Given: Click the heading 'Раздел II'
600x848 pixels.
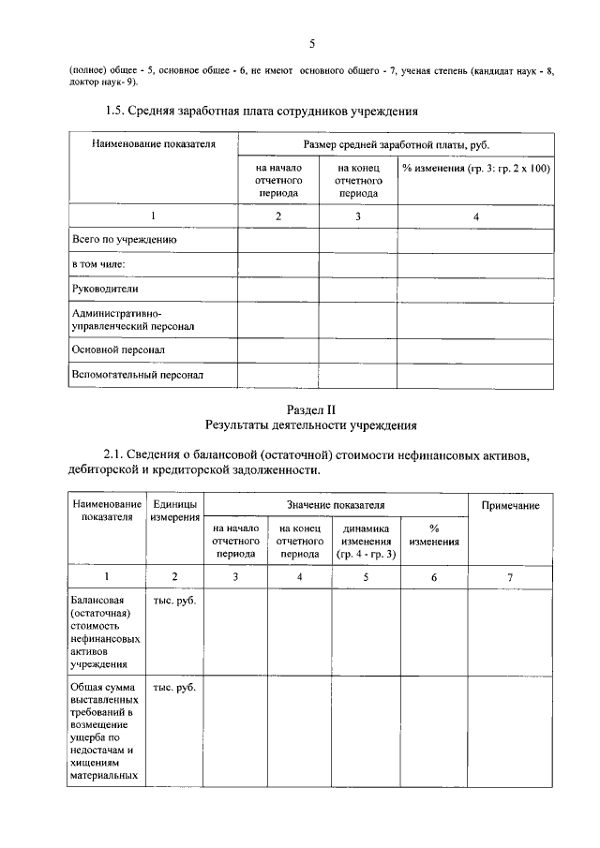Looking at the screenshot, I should tap(311, 409).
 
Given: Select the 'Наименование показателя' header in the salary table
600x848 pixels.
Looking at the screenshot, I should tap(154, 144).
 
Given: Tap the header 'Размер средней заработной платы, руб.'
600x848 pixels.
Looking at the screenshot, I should tap(397, 145).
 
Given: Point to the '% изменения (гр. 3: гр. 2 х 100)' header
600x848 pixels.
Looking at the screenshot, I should tap(475, 168).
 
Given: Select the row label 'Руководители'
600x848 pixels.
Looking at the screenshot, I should tap(105, 290).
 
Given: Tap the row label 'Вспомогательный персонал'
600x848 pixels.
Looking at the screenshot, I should tap(138, 375).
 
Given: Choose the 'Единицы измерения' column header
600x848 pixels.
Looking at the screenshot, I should tap(174, 512).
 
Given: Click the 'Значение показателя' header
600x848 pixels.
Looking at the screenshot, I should tap(336, 505).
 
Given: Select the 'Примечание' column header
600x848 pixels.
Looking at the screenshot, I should tap(510, 505).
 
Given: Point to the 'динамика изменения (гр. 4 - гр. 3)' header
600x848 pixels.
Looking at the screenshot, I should tap(367, 542).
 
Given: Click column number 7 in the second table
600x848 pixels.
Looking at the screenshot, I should tap(510, 576).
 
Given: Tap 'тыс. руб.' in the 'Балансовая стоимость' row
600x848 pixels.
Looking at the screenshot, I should tap(174, 600).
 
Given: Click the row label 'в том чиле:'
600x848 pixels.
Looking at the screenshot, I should tap(98, 265).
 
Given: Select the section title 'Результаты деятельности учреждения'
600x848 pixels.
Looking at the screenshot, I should tap(311, 425).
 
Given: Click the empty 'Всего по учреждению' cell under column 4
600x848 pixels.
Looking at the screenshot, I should tap(475, 240).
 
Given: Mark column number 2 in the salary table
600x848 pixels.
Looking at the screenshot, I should tap(277, 216).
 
